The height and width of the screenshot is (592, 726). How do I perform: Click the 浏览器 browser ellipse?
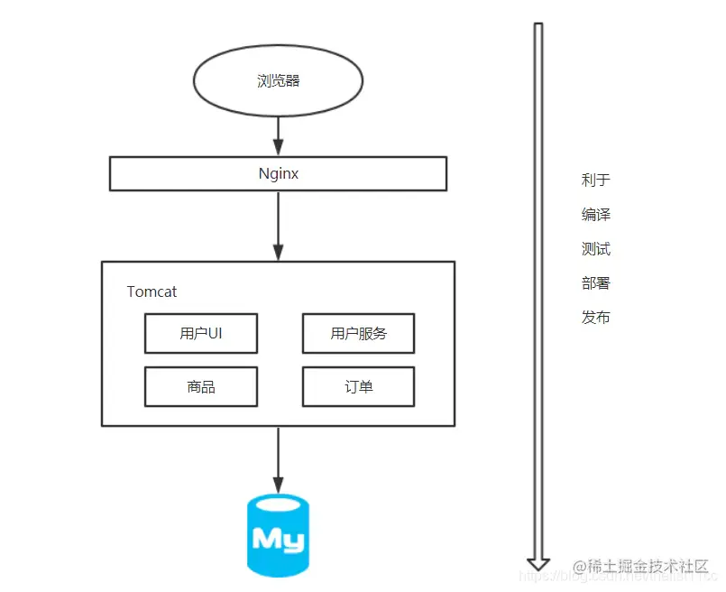pos(278,81)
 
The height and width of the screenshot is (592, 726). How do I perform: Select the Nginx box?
pos(278,173)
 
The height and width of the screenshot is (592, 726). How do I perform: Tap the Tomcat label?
pos(152,291)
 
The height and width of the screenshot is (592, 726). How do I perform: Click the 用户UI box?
pos(201,333)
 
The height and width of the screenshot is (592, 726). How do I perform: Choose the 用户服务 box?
pos(358,333)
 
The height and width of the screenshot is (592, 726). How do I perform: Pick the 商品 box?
pos(201,386)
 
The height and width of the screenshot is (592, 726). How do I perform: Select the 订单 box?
pos(358,386)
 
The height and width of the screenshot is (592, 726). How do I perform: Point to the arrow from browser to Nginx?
pos(278,136)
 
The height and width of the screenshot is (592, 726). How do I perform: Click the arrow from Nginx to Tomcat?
pos(278,226)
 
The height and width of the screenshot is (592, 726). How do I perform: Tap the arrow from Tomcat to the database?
pos(278,460)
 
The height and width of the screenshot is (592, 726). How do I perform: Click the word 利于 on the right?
pos(596,180)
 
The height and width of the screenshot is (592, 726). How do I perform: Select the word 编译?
pos(596,214)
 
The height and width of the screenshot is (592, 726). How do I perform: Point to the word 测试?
pos(596,248)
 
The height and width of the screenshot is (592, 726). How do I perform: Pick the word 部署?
pos(596,282)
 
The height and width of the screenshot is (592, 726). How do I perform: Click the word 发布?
pos(596,317)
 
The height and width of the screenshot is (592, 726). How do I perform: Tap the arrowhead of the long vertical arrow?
pos(538,562)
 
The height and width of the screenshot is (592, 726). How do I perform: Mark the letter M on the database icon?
pos(266,539)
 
